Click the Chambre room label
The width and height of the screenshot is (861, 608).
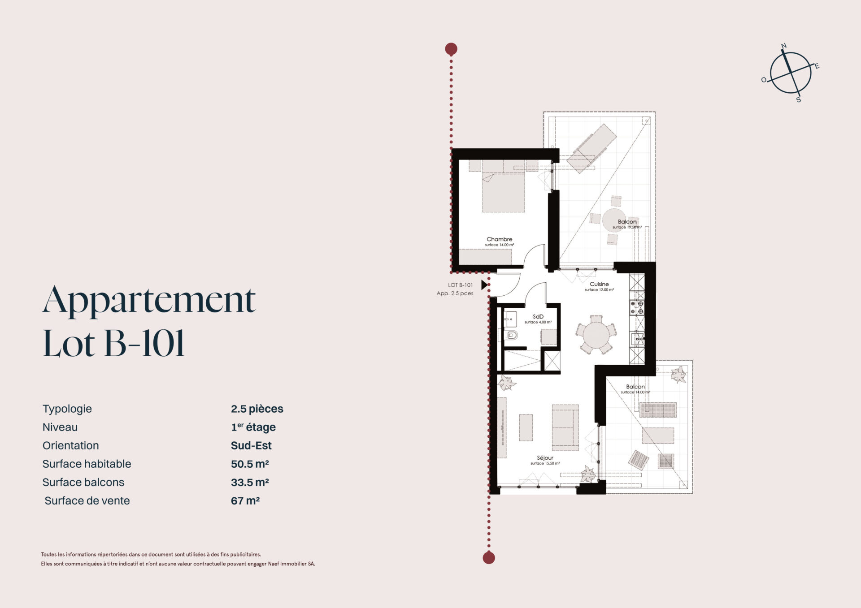(x=499, y=239)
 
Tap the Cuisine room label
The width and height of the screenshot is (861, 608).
(x=599, y=284)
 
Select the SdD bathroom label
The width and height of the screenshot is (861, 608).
(x=538, y=317)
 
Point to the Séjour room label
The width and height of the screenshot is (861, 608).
(x=545, y=458)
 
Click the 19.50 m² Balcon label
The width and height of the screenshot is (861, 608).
(x=627, y=222)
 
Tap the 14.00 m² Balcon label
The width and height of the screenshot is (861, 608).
(x=635, y=387)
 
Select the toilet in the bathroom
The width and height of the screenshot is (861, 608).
(x=512, y=335)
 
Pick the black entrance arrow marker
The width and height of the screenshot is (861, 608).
(x=484, y=285)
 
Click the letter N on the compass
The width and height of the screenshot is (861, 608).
(x=784, y=46)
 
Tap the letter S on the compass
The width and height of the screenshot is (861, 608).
(x=799, y=99)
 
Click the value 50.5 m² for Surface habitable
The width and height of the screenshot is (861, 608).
(x=250, y=464)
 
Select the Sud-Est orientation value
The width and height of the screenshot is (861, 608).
(x=251, y=445)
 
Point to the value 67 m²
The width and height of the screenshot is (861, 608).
(x=245, y=500)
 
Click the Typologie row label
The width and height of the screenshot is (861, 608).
(x=67, y=409)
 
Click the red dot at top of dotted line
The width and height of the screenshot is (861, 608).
(x=451, y=49)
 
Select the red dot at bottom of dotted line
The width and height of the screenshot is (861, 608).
(x=489, y=558)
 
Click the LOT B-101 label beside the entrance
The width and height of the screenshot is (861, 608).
(x=460, y=285)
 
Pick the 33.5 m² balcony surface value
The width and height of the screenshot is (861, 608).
(x=250, y=482)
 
